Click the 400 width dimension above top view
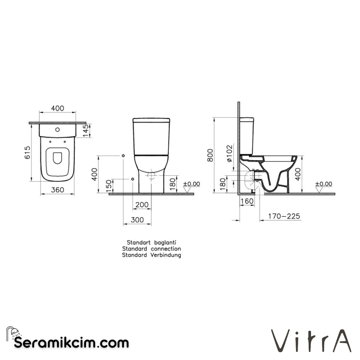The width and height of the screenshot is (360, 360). (x=57, y=108)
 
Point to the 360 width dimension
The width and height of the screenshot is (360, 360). (x=57, y=190)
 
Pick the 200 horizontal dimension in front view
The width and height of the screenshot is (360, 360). (x=142, y=205)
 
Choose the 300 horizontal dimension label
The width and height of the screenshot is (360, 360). (x=137, y=220)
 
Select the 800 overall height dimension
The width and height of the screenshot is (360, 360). (x=210, y=155)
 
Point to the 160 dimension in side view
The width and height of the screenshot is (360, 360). (x=247, y=201)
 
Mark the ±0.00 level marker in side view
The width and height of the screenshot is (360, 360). (x=323, y=184)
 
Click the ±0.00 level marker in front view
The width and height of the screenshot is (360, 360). (x=191, y=184)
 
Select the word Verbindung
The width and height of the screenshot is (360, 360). (x=166, y=255)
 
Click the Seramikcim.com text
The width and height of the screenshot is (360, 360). (x=71, y=342)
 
